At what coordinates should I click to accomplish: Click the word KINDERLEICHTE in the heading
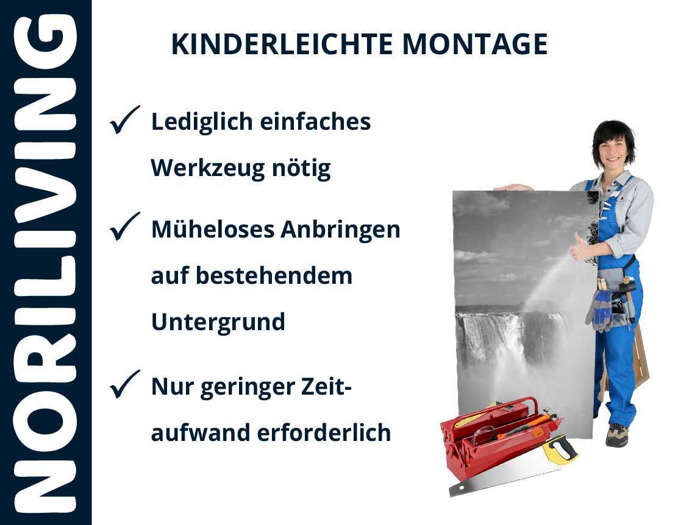pyautogui.click(x=282, y=44)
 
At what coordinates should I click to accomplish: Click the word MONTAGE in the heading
pyautogui.click(x=475, y=44)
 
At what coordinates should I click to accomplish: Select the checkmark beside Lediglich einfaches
pyautogui.click(x=125, y=120)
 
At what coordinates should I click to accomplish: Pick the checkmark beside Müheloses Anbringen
pyautogui.click(x=125, y=227)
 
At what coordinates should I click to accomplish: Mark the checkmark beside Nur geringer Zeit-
pyautogui.click(x=125, y=384)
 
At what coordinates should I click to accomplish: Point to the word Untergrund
pyautogui.click(x=218, y=322)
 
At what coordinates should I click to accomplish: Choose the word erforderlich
pyautogui.click(x=324, y=432)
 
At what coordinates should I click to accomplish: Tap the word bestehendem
pyautogui.click(x=274, y=276)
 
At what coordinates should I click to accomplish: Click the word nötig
pyautogui.click(x=301, y=168)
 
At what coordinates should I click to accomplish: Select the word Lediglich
pyautogui.click(x=202, y=122)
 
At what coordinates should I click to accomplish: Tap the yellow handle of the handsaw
pyautogui.click(x=559, y=449)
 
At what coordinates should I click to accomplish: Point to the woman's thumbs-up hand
pyautogui.click(x=579, y=248)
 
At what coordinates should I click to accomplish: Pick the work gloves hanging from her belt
pyautogui.click(x=598, y=310)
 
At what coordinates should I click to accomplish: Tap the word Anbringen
pyautogui.click(x=340, y=230)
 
